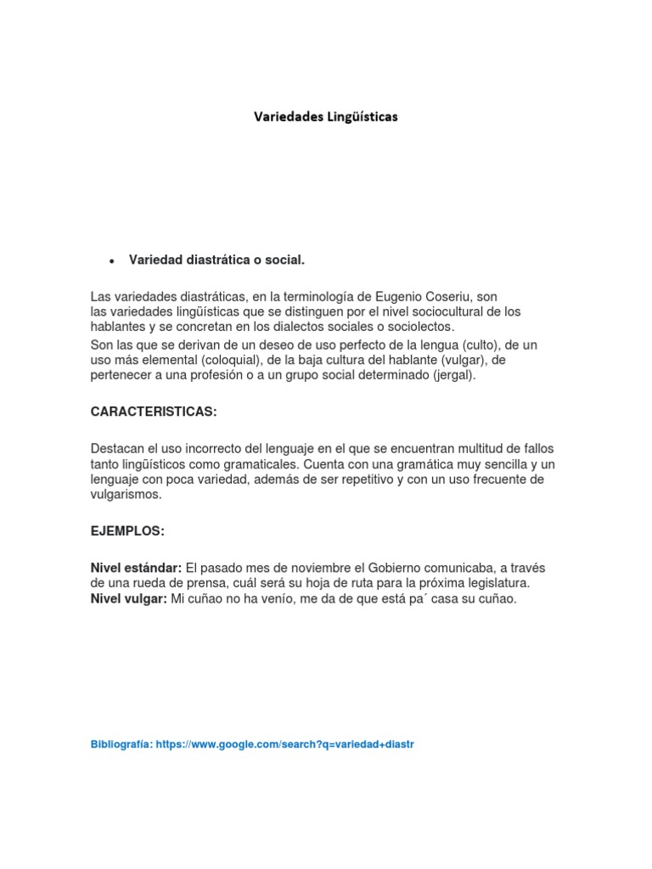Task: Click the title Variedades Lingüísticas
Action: click(x=326, y=117)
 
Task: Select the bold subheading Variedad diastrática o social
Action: click(x=216, y=260)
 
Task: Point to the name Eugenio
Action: click(x=395, y=297)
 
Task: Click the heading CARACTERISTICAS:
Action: click(x=154, y=412)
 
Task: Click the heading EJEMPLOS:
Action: click(x=127, y=531)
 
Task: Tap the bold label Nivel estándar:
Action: click(x=136, y=568)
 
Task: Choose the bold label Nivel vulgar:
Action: click(x=129, y=599)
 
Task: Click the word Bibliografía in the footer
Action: click(x=121, y=744)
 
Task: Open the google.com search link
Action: click(x=285, y=744)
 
